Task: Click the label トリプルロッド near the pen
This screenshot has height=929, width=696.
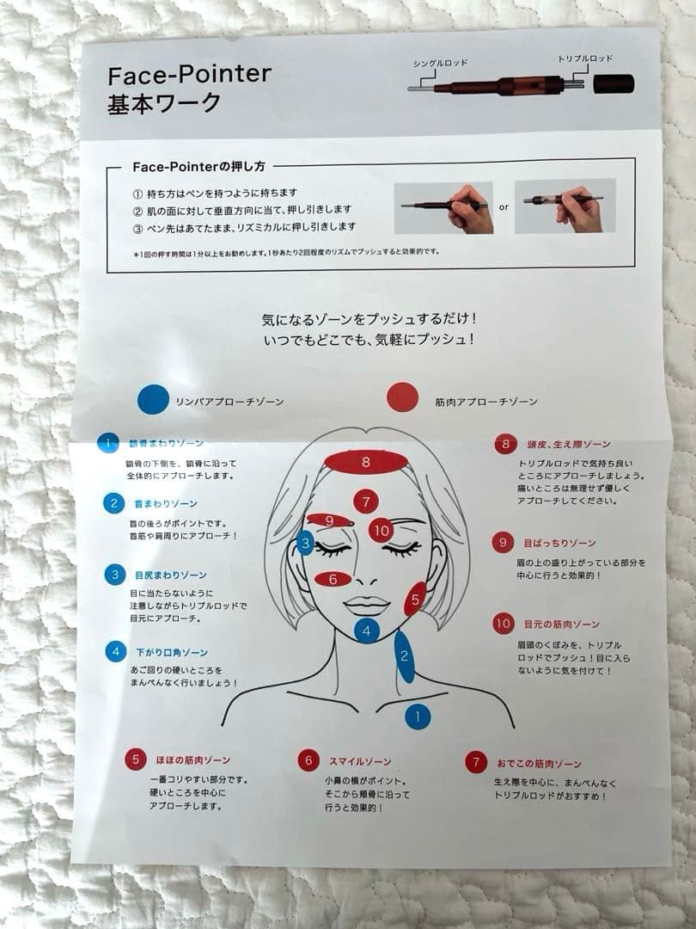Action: [x=586, y=58]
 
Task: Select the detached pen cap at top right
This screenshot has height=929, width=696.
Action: [x=614, y=83]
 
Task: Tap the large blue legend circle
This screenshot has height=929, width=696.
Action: [x=153, y=399]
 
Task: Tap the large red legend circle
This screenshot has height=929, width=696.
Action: [x=403, y=397]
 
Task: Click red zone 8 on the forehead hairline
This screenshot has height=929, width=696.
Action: [x=366, y=462]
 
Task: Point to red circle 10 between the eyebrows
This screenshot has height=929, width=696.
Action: [x=382, y=531]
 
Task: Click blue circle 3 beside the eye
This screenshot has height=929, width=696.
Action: [x=304, y=543]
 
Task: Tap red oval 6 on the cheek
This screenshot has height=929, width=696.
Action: [x=333, y=579]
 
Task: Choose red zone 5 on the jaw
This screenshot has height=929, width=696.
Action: [x=415, y=600]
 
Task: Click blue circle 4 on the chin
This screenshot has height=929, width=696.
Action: [x=367, y=631]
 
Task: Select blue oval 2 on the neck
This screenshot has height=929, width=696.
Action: [x=404, y=656]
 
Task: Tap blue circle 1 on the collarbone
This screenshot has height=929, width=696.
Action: [x=418, y=715]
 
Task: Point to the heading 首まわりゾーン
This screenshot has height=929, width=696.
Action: [x=163, y=503]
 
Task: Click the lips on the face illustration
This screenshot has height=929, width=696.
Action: [x=367, y=604]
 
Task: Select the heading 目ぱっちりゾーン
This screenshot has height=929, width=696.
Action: [x=559, y=543]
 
